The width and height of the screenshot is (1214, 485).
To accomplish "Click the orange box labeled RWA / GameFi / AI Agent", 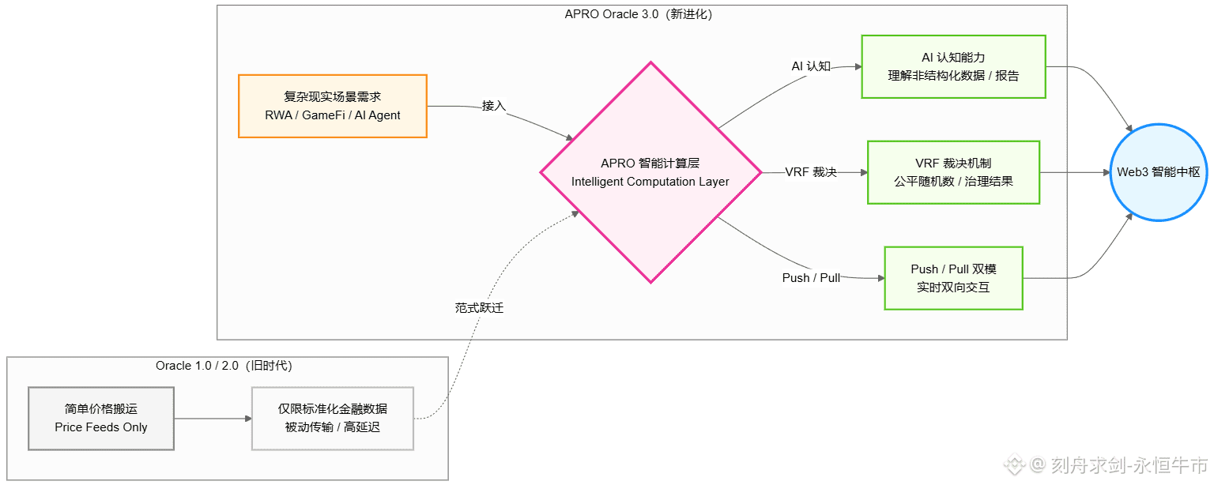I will [333, 106].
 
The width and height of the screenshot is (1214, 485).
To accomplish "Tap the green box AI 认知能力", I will [953, 66].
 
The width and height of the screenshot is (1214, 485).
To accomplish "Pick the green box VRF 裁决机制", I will [953, 172].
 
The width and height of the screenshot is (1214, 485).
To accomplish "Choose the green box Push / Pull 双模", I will [953, 278].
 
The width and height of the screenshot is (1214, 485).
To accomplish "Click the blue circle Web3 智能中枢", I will [1159, 172].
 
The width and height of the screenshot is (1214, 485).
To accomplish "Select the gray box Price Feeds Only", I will [101, 419].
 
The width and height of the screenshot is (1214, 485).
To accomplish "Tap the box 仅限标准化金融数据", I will [333, 418].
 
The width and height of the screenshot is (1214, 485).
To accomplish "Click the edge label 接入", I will [493, 106].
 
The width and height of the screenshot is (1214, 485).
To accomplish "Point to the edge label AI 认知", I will [811, 66].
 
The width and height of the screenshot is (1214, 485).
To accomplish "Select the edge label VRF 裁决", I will [811, 172].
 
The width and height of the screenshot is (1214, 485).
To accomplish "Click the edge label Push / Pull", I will [811, 278].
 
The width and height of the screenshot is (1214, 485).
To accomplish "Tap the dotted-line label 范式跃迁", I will [479, 308].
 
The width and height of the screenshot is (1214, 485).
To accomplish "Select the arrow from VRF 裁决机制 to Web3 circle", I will [1075, 172].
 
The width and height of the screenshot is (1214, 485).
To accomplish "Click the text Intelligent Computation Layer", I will [650, 182].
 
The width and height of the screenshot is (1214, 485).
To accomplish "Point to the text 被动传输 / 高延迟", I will [333, 427].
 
